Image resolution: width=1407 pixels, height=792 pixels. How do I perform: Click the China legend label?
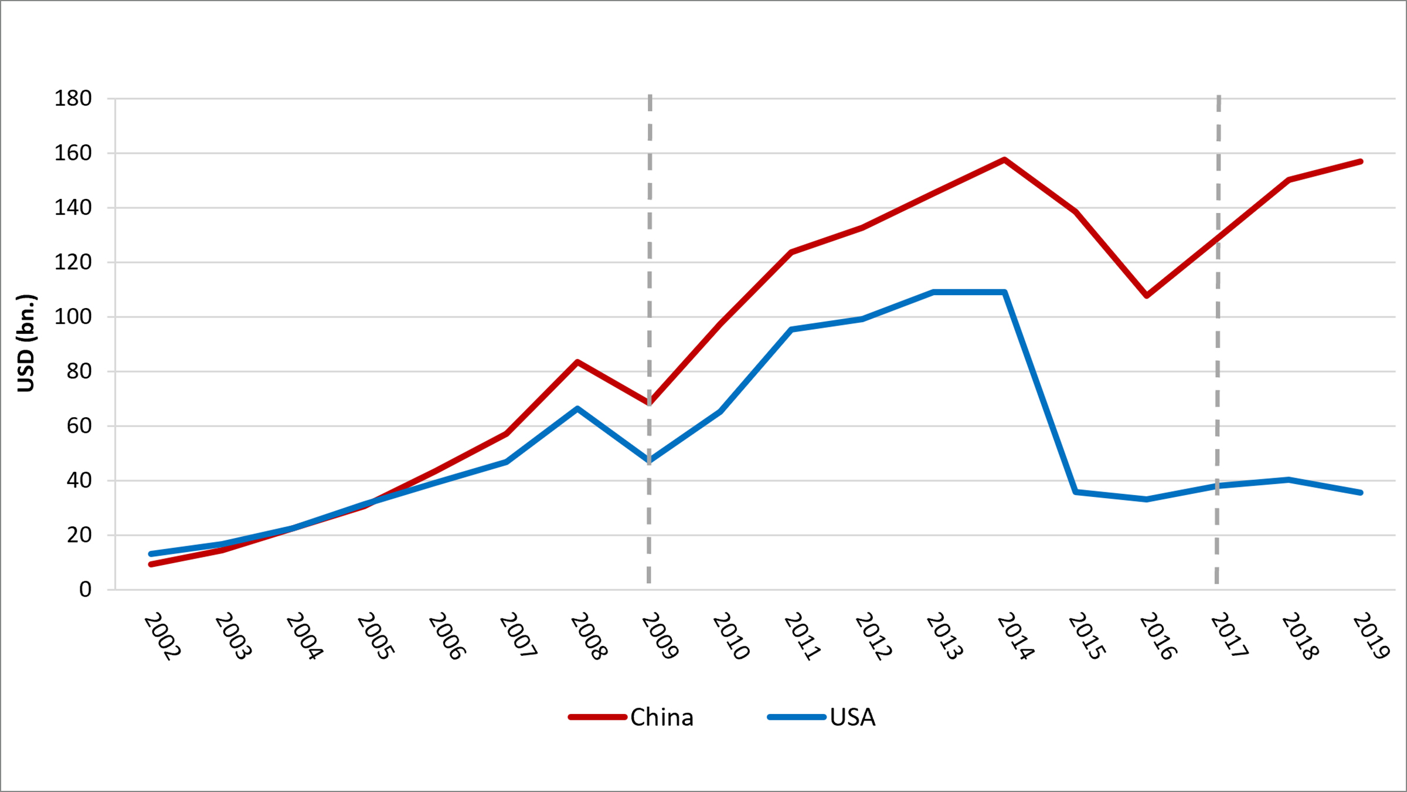[661, 717]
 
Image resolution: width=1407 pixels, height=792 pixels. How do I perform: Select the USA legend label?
[852, 717]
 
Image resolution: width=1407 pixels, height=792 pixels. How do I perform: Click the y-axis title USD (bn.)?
[26, 343]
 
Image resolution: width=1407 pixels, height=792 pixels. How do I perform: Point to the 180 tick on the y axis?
[73, 99]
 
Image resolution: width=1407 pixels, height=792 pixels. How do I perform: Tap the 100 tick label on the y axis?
[73, 317]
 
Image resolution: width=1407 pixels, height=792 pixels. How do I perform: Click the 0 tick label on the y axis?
[86, 590]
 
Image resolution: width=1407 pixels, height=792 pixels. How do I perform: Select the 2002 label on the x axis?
[162, 637]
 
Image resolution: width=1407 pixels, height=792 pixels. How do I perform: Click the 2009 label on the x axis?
[660, 637]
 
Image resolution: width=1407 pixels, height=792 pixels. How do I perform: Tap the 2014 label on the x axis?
[1015, 637]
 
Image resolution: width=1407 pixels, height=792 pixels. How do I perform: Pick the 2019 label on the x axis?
[1371, 637]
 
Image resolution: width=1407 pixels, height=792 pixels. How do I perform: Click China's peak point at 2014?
[1004, 160]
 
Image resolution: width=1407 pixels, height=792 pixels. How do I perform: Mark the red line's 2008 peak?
[577, 362]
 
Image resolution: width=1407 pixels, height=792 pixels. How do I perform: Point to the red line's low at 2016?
[1147, 296]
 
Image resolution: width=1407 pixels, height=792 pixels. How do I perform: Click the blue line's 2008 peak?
[577, 408]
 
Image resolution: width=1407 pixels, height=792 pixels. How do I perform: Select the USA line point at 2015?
[1076, 492]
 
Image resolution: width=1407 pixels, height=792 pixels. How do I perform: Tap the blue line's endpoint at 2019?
[1360, 493]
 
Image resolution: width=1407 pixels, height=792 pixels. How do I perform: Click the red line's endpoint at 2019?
[1360, 161]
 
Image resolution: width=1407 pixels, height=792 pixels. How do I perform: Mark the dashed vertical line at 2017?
[1218, 352]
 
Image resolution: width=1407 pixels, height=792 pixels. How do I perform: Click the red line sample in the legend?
[597, 717]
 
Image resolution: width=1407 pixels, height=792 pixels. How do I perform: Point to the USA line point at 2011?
[791, 330]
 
